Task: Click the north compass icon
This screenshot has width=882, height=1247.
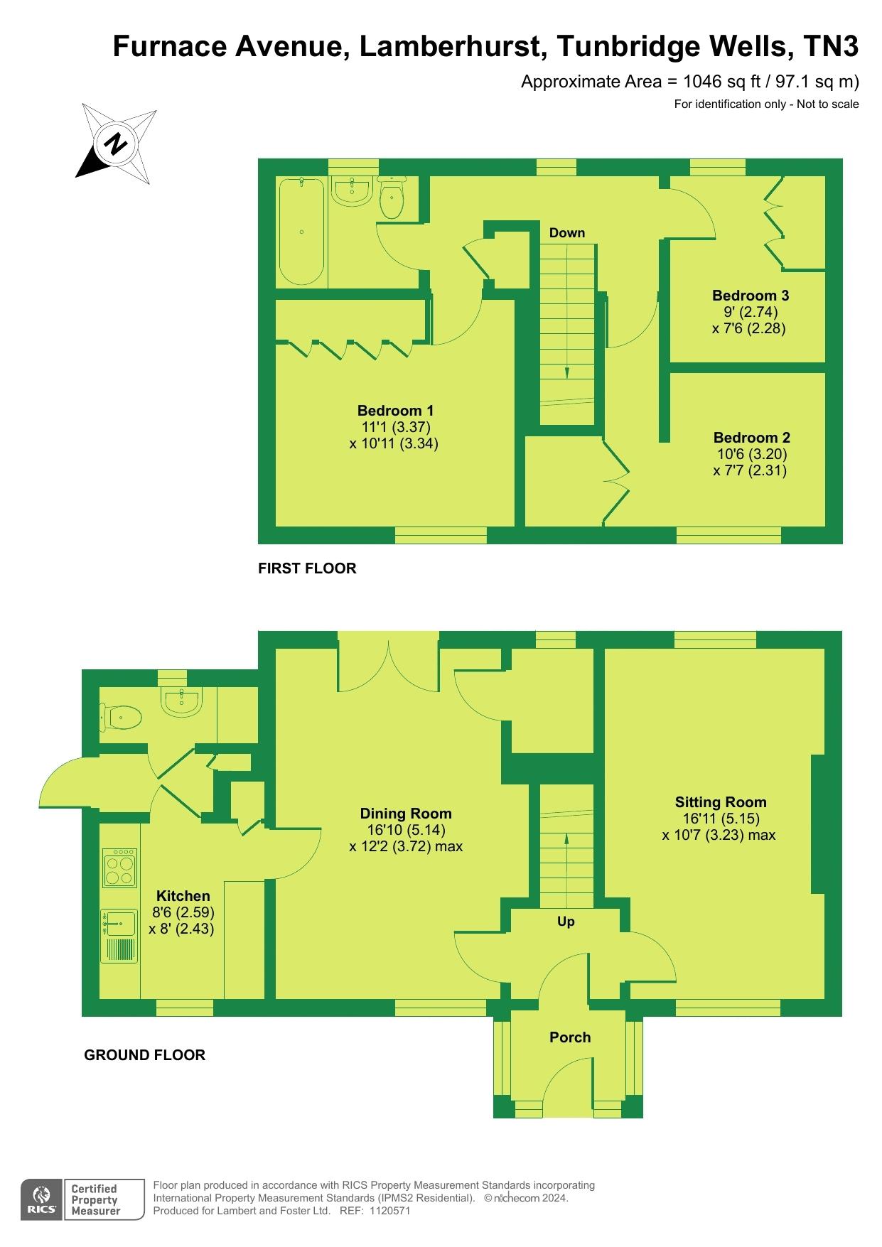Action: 117,144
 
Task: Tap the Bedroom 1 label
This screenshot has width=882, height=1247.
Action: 395,411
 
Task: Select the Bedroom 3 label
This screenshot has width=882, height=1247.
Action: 751,296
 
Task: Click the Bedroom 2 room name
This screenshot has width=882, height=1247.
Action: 751,438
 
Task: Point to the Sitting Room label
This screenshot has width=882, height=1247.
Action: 720,803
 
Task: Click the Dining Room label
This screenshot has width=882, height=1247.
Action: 405,814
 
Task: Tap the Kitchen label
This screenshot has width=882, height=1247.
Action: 183,896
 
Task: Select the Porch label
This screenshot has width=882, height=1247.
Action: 570,1037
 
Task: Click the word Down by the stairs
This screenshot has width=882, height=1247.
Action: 566,233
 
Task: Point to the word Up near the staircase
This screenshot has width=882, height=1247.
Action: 566,922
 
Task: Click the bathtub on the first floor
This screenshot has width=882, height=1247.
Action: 302,232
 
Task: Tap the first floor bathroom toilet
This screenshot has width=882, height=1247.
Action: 392,197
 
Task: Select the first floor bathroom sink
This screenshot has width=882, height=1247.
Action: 352,190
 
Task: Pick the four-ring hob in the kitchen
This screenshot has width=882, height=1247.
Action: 119,868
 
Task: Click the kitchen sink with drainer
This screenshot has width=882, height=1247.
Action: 119,936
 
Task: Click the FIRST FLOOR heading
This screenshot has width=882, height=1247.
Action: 307,568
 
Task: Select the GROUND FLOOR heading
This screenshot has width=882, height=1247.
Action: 145,1055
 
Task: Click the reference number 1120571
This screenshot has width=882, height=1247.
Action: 389,1211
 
